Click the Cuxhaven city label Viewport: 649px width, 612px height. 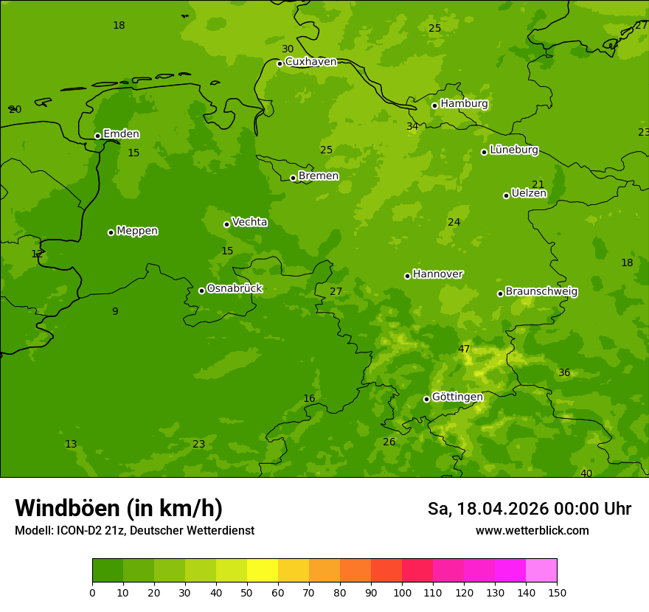(x=310, y=62)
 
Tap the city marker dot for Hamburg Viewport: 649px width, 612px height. (x=435, y=105)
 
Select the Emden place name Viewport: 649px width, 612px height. (x=121, y=134)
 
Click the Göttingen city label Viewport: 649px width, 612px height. (x=457, y=397)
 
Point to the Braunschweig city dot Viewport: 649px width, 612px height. (x=500, y=293)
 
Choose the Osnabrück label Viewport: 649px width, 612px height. (x=235, y=289)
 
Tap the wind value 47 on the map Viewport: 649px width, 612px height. (x=464, y=350)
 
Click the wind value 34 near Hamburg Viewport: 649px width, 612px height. (x=412, y=127)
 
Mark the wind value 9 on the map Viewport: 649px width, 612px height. (x=115, y=312)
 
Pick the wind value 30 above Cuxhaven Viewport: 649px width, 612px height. (x=288, y=49)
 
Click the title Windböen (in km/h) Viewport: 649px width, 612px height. (x=119, y=508)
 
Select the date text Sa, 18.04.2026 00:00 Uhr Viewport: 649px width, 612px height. (x=529, y=509)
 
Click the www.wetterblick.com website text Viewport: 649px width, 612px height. (x=532, y=531)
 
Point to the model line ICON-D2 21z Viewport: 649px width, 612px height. (x=134, y=531)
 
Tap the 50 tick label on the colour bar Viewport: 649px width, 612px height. (x=247, y=592)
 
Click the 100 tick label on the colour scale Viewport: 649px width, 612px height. (x=402, y=592)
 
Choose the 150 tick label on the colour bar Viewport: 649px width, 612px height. (x=557, y=592)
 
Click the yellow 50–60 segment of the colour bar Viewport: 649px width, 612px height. (x=263, y=571)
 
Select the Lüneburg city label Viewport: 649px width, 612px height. (x=513, y=150)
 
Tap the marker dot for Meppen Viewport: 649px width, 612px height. (x=111, y=232)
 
